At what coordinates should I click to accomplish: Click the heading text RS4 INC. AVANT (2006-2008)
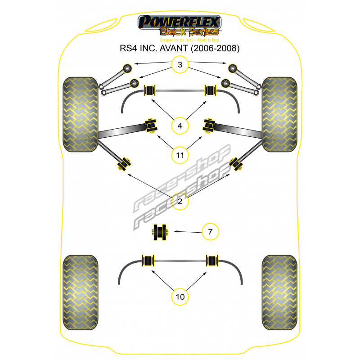[x=180, y=47]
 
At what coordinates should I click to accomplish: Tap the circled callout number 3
[x=180, y=65]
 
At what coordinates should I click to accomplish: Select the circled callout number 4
[x=180, y=126]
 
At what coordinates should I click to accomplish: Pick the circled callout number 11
[x=180, y=155]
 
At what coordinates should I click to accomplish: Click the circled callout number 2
[x=180, y=202]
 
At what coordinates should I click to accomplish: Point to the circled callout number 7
[x=210, y=232]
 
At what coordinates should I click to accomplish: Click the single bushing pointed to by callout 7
[x=159, y=232]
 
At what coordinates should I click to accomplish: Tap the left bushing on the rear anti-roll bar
[x=148, y=261]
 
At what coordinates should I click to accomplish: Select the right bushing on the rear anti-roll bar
[x=212, y=261]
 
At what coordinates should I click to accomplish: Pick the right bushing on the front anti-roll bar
[x=211, y=90]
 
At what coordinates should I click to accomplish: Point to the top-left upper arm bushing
[x=126, y=68]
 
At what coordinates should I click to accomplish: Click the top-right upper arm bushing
[x=233, y=68]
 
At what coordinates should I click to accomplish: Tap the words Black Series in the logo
[x=189, y=31]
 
